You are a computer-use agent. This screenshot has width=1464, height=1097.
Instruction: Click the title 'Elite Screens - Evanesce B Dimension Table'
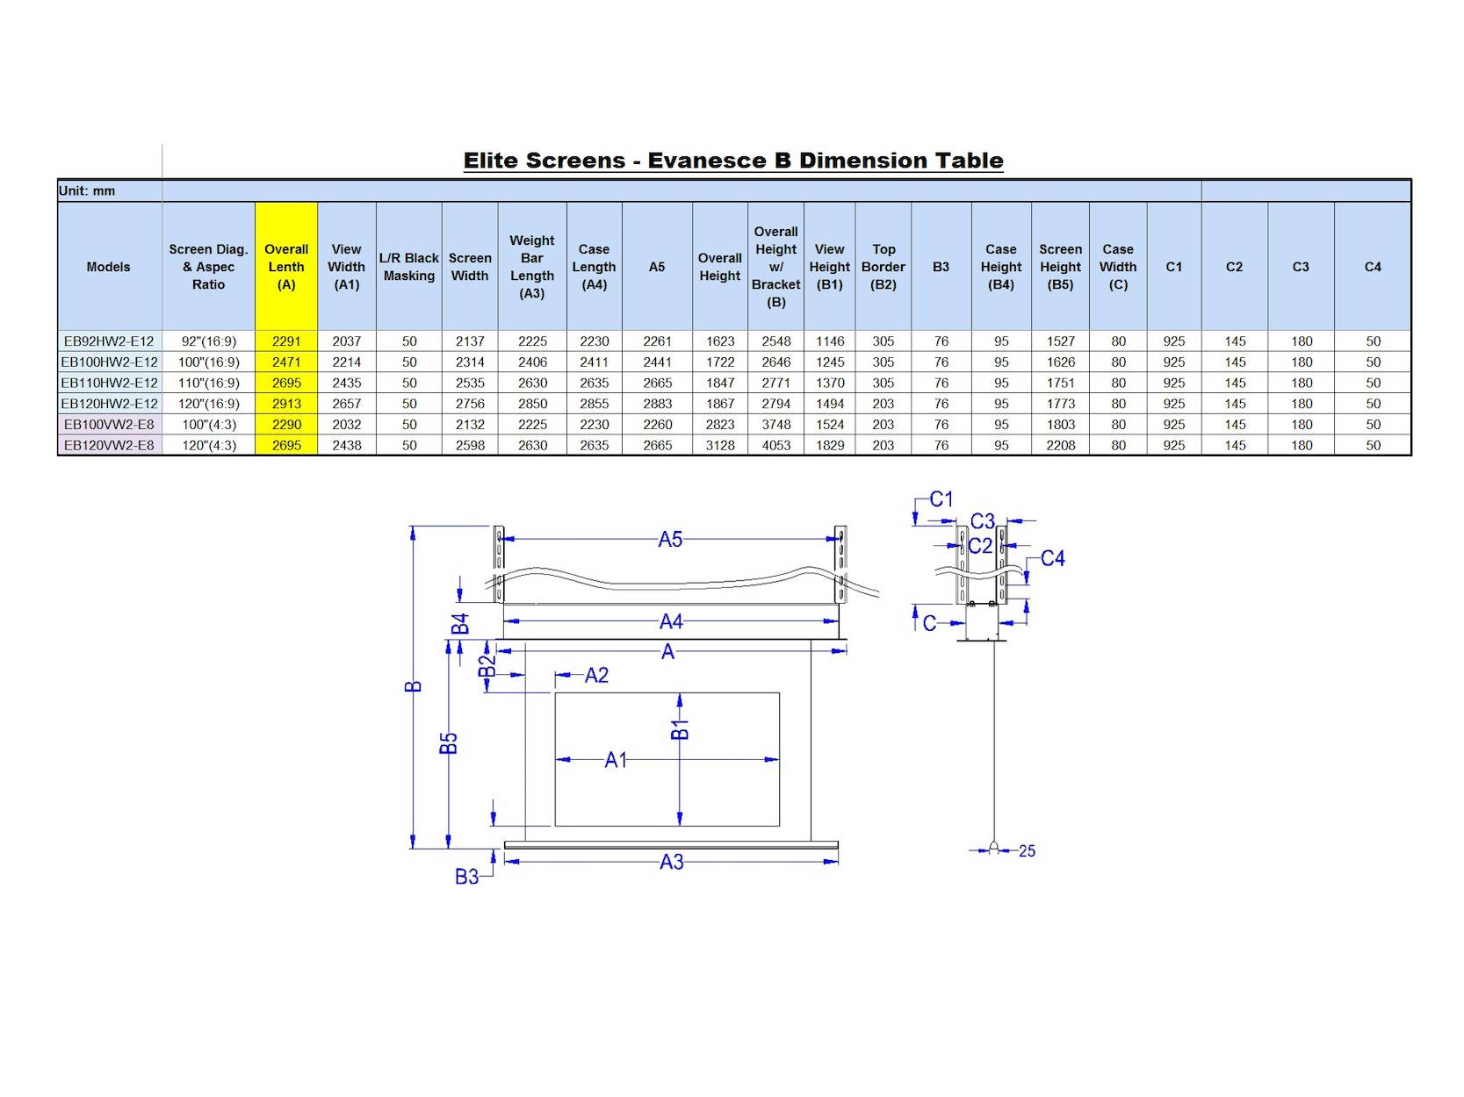pos(732,161)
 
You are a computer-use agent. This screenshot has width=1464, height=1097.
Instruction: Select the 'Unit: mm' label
pos(87,190)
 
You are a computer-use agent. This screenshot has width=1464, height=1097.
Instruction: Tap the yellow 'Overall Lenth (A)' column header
pos(286,267)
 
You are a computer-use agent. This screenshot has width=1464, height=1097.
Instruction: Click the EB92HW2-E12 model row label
pos(109,341)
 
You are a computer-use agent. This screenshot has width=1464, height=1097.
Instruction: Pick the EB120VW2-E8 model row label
pos(109,445)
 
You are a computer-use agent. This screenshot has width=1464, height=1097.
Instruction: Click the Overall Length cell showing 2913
pos(286,404)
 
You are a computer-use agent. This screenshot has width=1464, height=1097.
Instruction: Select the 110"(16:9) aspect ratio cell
pos(208,383)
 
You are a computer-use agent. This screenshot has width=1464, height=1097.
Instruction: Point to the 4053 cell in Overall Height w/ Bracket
pos(775,445)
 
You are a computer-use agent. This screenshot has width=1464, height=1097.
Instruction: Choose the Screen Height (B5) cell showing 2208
pos(1060,445)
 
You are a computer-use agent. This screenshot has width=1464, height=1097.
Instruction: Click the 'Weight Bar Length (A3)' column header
pos(532,267)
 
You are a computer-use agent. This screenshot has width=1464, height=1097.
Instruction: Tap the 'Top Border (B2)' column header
pos(883,267)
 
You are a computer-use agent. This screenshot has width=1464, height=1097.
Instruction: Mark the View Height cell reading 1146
pos(829,341)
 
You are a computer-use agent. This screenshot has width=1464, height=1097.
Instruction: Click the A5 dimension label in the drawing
pos(670,540)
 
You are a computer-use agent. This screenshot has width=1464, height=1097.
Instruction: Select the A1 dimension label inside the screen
pos(616,760)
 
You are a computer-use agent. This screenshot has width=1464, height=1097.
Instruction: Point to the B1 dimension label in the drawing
pos(680,729)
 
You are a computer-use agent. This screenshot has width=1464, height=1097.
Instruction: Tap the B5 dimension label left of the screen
pos(449,743)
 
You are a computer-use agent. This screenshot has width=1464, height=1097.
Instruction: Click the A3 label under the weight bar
pos(672,862)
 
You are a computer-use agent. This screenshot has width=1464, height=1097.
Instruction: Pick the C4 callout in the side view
pos(1052,558)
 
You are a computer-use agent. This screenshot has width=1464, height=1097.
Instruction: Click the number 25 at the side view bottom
pos(1027,850)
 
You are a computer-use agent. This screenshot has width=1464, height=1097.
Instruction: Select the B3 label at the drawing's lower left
pos(466,876)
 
